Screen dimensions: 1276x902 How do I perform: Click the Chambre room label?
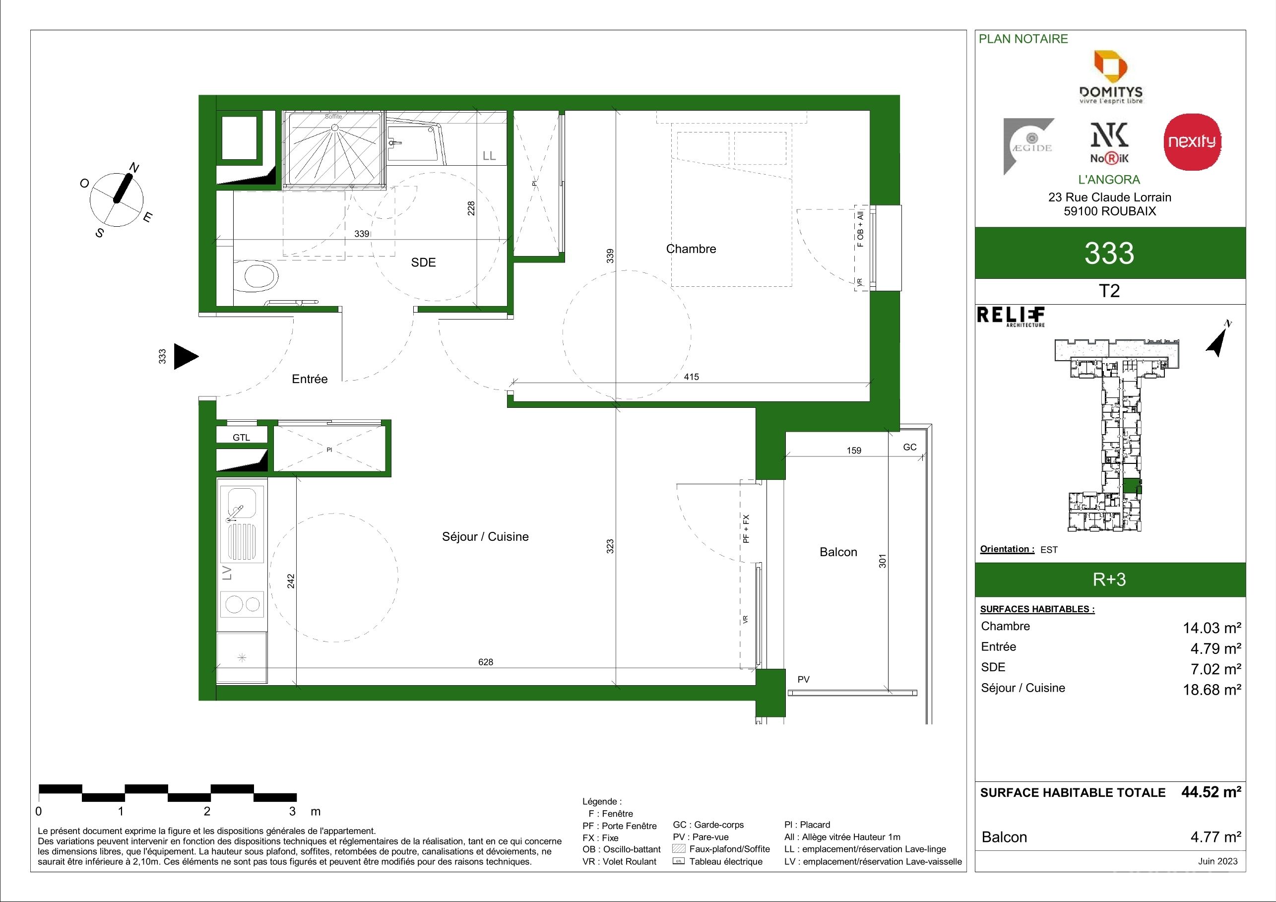click(x=691, y=249)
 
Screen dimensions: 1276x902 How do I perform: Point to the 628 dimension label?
click(x=486, y=662)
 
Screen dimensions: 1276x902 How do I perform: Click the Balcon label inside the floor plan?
click(x=838, y=552)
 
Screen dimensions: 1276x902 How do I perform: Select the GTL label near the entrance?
click(x=241, y=438)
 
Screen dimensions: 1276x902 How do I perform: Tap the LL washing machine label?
click(x=489, y=156)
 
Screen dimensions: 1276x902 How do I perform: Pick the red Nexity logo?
click(x=1192, y=142)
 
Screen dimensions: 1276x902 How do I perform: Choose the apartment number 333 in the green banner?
click(x=1109, y=253)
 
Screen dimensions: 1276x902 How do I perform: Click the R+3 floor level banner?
click(x=1109, y=580)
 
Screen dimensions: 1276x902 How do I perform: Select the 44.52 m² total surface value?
click(x=1211, y=792)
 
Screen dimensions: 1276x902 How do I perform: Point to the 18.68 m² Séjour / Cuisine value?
click(x=1212, y=689)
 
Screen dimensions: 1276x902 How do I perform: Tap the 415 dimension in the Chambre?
click(x=692, y=377)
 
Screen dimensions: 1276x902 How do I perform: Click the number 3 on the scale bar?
click(x=293, y=811)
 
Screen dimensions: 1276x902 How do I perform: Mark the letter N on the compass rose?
click(x=134, y=168)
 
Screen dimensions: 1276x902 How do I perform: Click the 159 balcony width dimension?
click(x=854, y=451)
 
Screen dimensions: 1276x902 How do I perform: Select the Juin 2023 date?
click(x=1217, y=861)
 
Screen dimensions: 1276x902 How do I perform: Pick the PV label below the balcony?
click(x=804, y=679)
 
